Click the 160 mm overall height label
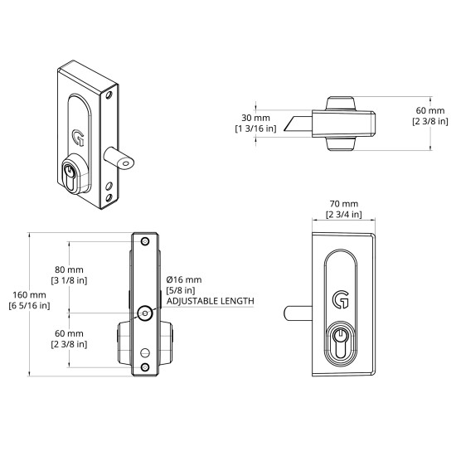[x=29, y=294]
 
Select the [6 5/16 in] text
[x=29, y=306]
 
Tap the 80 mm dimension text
[x=69, y=270]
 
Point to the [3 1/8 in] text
[x=69, y=282]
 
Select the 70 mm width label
[x=342, y=203]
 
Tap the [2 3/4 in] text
[x=342, y=215]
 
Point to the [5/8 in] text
[x=180, y=290]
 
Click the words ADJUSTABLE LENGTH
[x=210, y=301]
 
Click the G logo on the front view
[x=341, y=297]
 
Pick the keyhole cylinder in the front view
[x=341, y=342]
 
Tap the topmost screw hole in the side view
[x=145, y=241]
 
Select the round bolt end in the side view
[x=145, y=313]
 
